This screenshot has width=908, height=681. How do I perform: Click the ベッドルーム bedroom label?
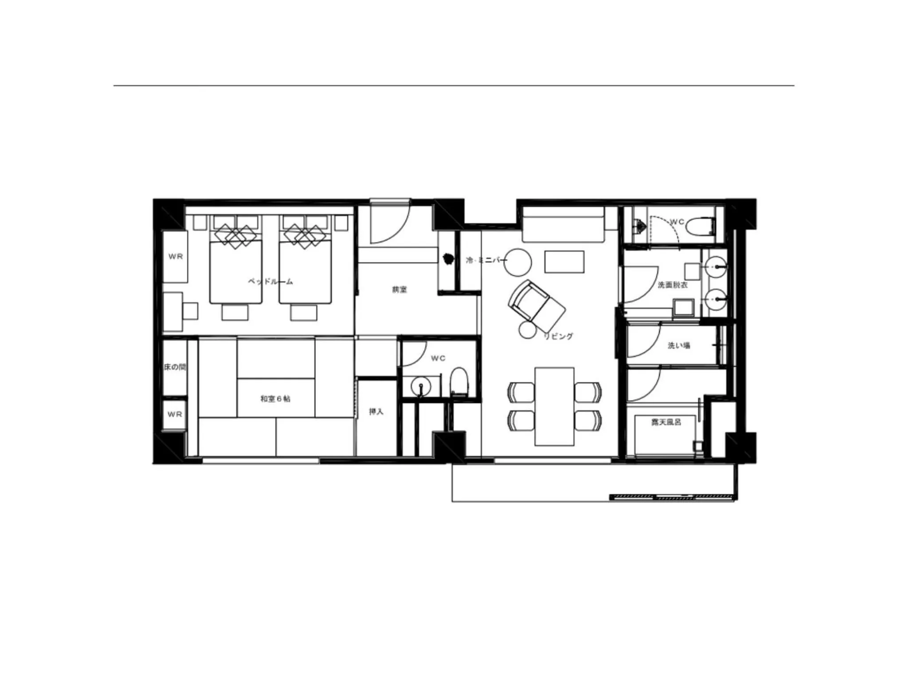[270, 281]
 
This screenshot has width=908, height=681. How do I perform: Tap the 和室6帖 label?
[275, 399]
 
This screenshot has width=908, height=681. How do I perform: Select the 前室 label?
[399, 290]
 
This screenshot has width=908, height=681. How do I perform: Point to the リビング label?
[559, 337]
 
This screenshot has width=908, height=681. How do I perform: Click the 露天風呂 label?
[666, 423]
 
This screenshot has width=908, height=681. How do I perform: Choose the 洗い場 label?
[679, 345]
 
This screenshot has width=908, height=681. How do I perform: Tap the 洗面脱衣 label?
[673, 285]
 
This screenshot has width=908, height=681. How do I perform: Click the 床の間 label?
[175, 367]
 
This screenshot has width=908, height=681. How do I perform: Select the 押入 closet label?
[376, 411]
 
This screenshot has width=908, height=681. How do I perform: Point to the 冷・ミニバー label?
[486, 260]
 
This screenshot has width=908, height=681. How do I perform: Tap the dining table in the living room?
[554, 406]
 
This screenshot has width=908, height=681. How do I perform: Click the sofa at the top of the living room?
[563, 224]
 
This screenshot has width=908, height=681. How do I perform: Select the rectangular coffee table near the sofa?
[564, 262]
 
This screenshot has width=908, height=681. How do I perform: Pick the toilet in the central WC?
[459, 381]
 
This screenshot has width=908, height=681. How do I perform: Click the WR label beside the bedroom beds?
[176, 256]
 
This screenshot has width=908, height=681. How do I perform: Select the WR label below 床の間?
[175, 414]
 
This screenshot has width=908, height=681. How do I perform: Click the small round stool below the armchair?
[528, 330]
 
